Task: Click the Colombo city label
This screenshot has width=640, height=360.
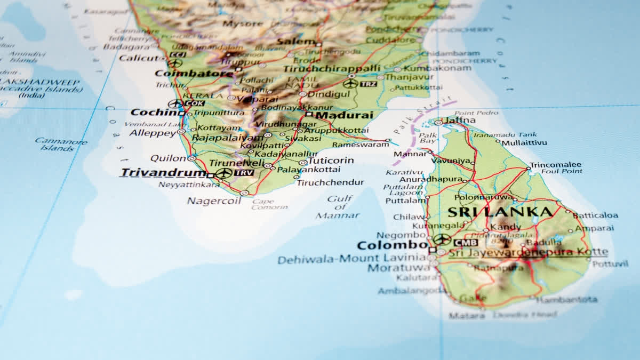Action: point(392,246)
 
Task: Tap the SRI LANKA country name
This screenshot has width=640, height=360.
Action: point(500,212)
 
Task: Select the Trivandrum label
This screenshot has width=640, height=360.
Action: point(163,173)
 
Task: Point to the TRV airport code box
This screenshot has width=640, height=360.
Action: point(244,173)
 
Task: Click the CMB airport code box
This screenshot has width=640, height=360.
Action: point(466,243)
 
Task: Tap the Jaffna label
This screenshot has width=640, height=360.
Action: point(460,121)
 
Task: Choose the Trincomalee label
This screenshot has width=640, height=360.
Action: point(555,165)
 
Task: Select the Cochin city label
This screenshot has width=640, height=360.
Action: point(154,113)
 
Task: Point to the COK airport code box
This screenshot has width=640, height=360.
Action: point(195,103)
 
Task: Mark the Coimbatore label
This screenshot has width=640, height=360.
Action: point(194,74)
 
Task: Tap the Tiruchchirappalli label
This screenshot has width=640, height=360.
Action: point(332,69)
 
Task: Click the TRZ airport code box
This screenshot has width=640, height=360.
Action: point(368,84)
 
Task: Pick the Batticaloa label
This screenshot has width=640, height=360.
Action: point(596,215)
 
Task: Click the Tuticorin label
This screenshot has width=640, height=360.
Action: point(331,161)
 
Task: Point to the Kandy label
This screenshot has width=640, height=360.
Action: point(505,227)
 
